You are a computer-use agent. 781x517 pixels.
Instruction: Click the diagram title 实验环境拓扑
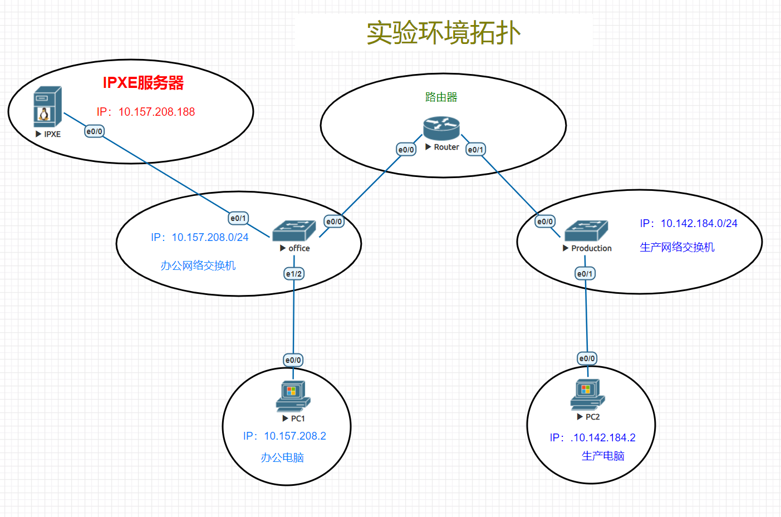click(x=443, y=33)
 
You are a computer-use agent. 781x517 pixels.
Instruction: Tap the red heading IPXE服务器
click(x=143, y=83)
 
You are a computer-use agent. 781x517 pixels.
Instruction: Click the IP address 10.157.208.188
click(x=156, y=112)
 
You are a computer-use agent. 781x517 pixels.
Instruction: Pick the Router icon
click(x=441, y=129)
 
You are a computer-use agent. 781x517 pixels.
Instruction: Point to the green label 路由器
click(x=441, y=97)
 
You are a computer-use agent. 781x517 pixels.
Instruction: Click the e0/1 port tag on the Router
click(x=475, y=150)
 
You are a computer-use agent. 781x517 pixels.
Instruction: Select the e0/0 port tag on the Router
click(x=406, y=150)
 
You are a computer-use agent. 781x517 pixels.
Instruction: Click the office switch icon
click(x=293, y=230)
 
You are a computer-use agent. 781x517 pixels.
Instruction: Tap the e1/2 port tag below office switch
click(x=293, y=274)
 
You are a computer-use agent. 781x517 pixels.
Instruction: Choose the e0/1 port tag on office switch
click(x=238, y=218)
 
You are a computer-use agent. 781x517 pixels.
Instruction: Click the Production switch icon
click(x=586, y=230)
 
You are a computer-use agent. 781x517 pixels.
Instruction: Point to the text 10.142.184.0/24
click(x=699, y=224)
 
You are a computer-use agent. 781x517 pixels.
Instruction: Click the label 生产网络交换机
click(x=677, y=247)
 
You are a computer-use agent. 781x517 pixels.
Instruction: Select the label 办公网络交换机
click(x=198, y=265)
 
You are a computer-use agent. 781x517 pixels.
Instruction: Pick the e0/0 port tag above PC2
click(x=587, y=358)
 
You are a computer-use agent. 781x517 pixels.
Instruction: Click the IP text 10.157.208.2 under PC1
click(x=295, y=436)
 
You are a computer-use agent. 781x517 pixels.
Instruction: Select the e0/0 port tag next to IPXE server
click(x=94, y=131)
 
